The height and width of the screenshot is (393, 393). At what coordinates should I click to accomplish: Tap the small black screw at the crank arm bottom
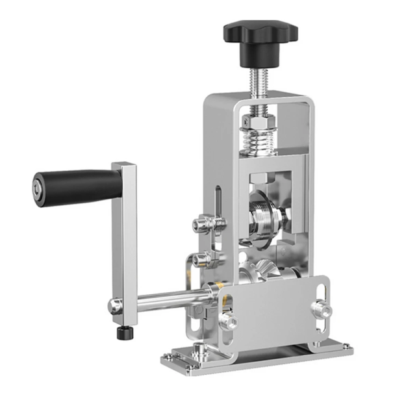pyautogui.click(x=121, y=333)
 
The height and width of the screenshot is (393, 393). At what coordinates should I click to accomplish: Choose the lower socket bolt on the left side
pyautogui.click(x=203, y=260)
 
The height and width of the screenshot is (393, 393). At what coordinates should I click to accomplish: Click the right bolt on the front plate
pyautogui.click(x=318, y=308)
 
